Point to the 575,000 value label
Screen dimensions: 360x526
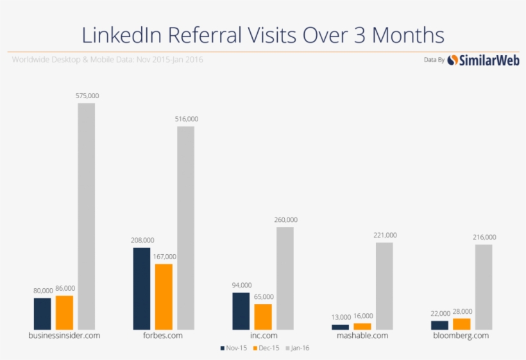(x=87, y=96)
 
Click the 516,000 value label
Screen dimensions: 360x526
(x=187, y=119)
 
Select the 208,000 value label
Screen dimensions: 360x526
(x=142, y=241)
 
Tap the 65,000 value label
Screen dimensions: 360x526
(x=263, y=297)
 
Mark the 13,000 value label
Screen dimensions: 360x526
(x=341, y=317)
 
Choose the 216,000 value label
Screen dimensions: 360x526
(x=484, y=237)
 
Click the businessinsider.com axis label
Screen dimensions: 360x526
(x=65, y=336)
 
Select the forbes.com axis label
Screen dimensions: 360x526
(x=163, y=336)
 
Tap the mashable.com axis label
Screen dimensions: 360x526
(x=362, y=336)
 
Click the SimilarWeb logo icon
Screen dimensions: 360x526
(x=453, y=60)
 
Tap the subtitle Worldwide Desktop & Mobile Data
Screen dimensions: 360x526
(x=70, y=60)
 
